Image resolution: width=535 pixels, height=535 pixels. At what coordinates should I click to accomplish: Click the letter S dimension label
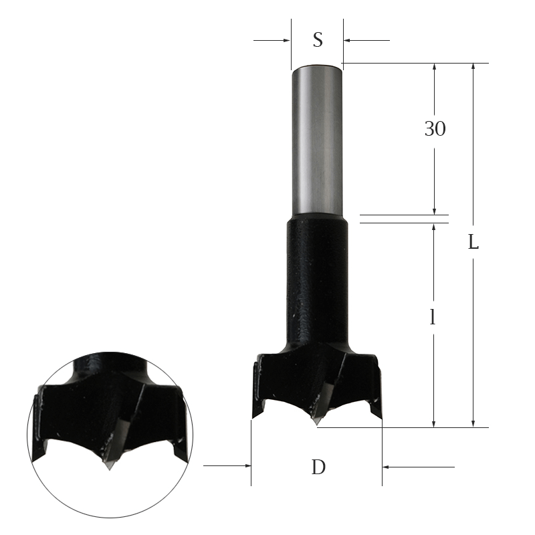(318, 40)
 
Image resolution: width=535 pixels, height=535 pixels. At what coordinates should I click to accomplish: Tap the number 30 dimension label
(435, 129)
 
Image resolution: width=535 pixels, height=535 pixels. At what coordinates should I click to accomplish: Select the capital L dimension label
(473, 243)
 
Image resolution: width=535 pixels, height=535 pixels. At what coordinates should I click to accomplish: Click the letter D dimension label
(318, 467)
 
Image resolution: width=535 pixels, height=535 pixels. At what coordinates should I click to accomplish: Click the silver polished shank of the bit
(317, 140)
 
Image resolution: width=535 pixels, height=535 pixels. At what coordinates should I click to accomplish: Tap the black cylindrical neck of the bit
(317, 281)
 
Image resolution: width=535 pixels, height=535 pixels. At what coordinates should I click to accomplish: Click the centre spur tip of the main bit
(316, 423)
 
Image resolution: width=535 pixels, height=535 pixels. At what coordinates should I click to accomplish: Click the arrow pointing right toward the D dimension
(245, 466)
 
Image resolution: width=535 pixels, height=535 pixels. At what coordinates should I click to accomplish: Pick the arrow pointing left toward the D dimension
(389, 466)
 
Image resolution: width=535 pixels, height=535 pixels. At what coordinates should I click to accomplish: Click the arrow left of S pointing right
(286, 40)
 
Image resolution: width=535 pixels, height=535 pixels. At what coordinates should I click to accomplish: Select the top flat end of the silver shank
(317, 66)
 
